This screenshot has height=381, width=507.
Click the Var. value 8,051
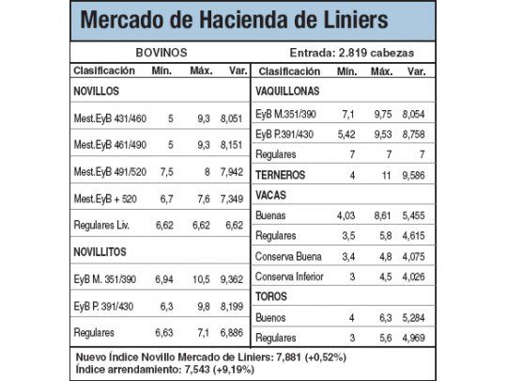coord(231,119)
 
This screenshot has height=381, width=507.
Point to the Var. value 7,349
coord(231,199)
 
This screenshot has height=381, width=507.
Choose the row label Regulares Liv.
coord(101,226)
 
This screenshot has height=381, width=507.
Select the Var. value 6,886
coord(231,333)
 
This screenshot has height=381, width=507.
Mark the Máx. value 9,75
coord(384,112)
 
